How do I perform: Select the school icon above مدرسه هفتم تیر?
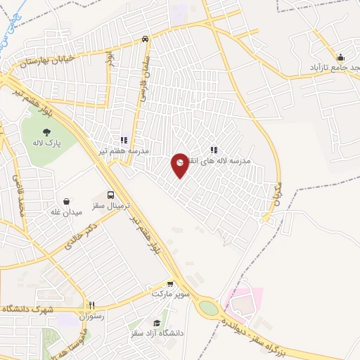(x=124, y=141)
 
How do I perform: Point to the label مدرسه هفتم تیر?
(x=124, y=151)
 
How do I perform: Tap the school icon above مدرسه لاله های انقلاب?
(x=214, y=150)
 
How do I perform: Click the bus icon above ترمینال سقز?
(x=110, y=195)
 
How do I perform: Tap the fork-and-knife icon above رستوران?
(x=91, y=306)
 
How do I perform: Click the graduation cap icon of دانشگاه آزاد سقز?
(x=155, y=323)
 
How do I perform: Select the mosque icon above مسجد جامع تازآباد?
(x=341, y=57)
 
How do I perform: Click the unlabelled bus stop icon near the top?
(x=144, y=39)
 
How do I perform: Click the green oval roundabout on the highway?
(x=209, y=307)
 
